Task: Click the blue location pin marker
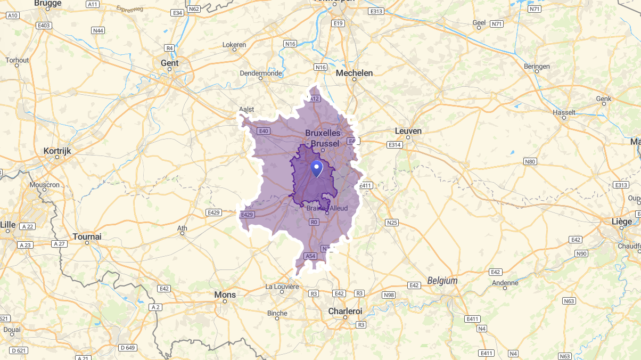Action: click(317, 169)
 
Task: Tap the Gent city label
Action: click(169, 63)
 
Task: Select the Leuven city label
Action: click(408, 131)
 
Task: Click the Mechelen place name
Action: click(354, 73)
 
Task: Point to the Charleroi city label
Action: click(345, 310)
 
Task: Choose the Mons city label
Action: click(225, 294)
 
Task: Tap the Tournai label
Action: click(87, 236)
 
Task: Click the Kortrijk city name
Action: click(57, 151)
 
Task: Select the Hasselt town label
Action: click(564, 112)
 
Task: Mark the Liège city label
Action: click(621, 221)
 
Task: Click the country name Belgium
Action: click(442, 281)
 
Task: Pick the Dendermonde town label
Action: click(261, 73)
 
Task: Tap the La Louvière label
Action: click(282, 287)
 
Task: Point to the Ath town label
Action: click(182, 228)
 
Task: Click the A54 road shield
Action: click(310, 256)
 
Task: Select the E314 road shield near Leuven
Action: click(395, 145)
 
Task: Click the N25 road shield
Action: click(392, 222)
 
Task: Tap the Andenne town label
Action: click(505, 283)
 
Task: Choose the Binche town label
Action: click(277, 313)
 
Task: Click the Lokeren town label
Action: click(234, 45)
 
